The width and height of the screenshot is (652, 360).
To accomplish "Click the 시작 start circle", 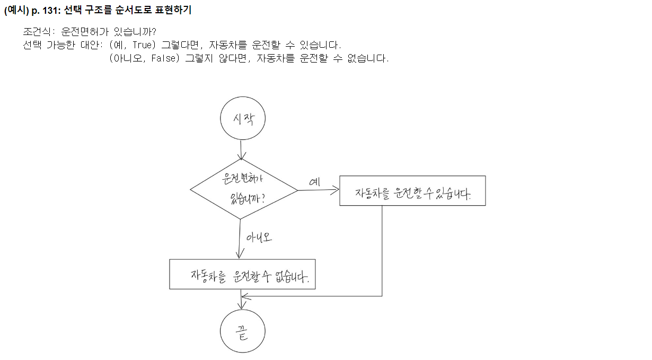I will coord(243,118).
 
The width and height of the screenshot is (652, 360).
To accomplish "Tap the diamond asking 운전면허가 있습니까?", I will coord(244,189).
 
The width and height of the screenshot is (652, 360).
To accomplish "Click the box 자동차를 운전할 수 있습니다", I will coord(412,191).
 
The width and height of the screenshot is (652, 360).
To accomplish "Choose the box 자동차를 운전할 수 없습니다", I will coord(242,274).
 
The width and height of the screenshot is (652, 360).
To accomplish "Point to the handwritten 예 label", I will coord(315,182).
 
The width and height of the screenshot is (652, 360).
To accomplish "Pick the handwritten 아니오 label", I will coord(260,237).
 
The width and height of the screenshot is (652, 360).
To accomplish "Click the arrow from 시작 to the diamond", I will coord(242,150).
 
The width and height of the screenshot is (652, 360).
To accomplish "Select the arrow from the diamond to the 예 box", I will coord(318,190).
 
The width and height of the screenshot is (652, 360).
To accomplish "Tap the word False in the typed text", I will coord(163,58).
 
